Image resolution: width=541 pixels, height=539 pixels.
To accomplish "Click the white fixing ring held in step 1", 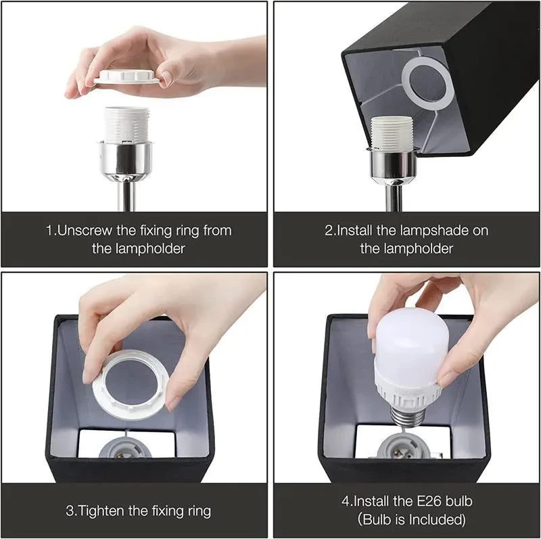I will (x=126, y=76).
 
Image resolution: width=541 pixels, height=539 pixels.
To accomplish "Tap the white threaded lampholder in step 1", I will (x=126, y=124).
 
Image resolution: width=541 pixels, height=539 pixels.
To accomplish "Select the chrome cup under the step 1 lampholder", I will (x=126, y=156).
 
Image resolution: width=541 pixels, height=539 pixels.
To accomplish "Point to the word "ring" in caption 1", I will (x=189, y=231).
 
